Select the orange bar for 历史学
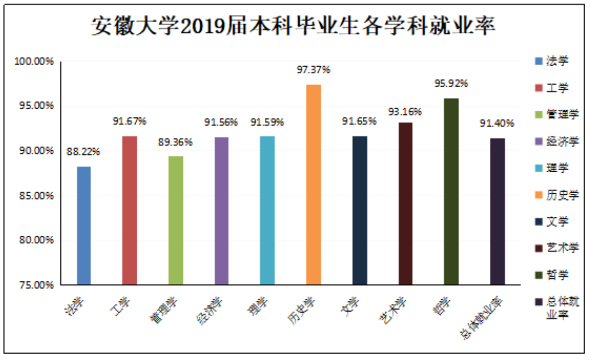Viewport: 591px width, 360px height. click(x=313, y=184)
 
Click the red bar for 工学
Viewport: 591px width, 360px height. click(x=129, y=210)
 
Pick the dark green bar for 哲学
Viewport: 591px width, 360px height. click(x=451, y=191)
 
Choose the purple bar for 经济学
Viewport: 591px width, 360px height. click(x=221, y=210)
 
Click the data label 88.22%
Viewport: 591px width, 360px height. click(x=83, y=152)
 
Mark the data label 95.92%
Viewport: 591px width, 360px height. click(x=451, y=83)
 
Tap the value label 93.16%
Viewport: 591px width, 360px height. click(x=405, y=112)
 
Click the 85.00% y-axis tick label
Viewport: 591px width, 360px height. click(x=35, y=195)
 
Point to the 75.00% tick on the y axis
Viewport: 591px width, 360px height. click(x=35, y=285)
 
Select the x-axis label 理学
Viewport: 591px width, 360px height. click(x=257, y=308)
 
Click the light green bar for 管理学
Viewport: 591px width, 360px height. click(x=175, y=220)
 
